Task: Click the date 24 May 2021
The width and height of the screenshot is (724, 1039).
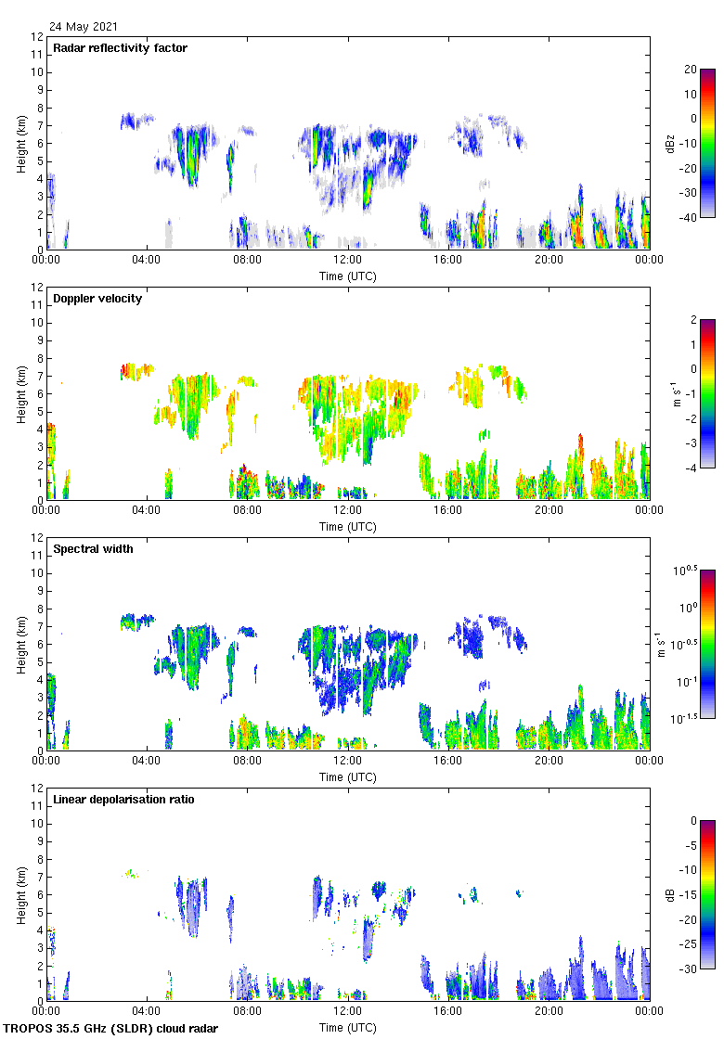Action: click(x=84, y=27)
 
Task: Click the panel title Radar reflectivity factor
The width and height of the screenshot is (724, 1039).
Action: click(x=120, y=48)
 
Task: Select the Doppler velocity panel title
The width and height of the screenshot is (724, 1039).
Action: click(x=97, y=299)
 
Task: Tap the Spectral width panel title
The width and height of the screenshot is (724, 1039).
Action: click(x=93, y=549)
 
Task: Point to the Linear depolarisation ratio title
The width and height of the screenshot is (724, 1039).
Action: click(x=123, y=800)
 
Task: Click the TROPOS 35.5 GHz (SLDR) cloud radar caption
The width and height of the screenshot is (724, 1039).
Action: click(x=111, y=1029)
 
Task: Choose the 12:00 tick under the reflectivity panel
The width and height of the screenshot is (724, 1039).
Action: click(x=348, y=261)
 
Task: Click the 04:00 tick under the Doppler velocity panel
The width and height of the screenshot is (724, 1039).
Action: click(x=147, y=511)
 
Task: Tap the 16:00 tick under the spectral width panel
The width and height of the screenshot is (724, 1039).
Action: click(x=448, y=762)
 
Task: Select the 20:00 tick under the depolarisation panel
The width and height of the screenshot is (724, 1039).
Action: click(x=549, y=1012)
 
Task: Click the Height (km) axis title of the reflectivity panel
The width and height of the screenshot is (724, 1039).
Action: click(x=21, y=143)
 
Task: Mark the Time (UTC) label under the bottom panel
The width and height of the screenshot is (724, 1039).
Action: click(x=348, y=1028)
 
